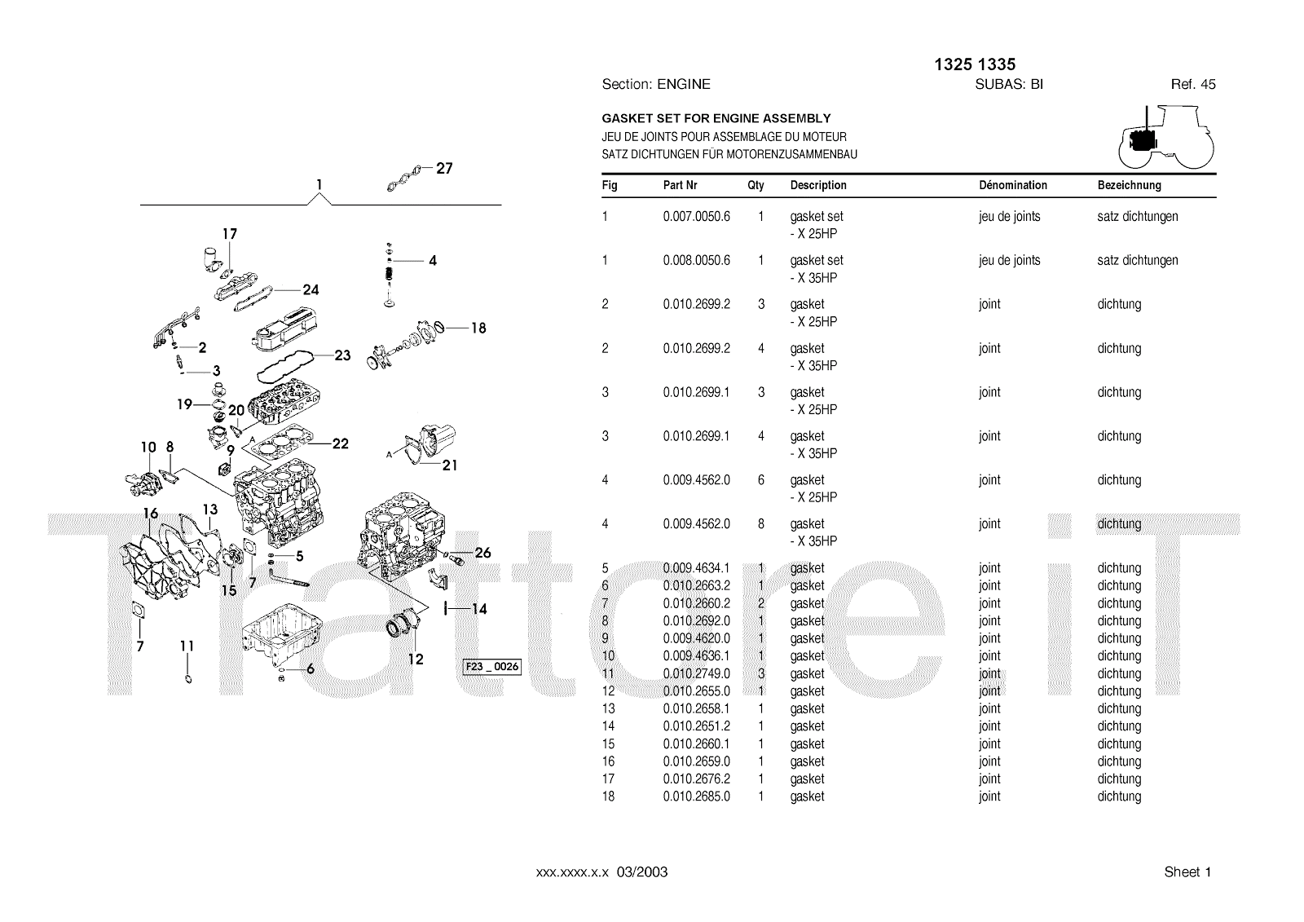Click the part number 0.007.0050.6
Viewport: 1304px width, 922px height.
tap(696, 217)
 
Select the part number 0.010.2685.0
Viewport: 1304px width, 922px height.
tap(696, 796)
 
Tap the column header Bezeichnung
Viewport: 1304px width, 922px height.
tap(1129, 185)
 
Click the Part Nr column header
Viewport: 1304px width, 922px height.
tap(680, 185)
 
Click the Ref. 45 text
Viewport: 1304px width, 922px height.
tap(1193, 84)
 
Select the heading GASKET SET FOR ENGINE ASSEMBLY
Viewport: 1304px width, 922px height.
tap(716, 119)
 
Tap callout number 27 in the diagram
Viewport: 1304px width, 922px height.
tap(444, 169)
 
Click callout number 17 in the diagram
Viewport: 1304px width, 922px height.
tap(230, 234)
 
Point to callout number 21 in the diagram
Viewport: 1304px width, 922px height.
tap(450, 465)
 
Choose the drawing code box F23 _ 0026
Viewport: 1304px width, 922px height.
tap(491, 667)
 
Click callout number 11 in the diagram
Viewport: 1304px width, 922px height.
tap(187, 646)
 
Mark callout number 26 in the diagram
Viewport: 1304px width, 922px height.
tap(482, 553)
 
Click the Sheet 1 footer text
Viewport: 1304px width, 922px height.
tap(1187, 872)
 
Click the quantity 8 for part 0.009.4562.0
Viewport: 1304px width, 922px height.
tap(760, 524)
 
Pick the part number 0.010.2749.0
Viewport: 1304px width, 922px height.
tap(696, 673)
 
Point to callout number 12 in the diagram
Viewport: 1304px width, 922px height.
tap(416, 660)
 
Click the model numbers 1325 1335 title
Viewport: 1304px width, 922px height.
tap(974, 64)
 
